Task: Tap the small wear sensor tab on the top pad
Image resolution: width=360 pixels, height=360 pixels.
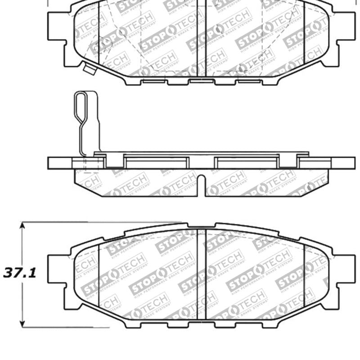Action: pyautogui.click(x=89, y=69)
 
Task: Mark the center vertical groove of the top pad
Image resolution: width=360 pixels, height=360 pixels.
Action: pyautogui.click(x=201, y=38)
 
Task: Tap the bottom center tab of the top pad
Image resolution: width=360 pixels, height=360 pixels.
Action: pyautogui.click(x=201, y=81)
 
